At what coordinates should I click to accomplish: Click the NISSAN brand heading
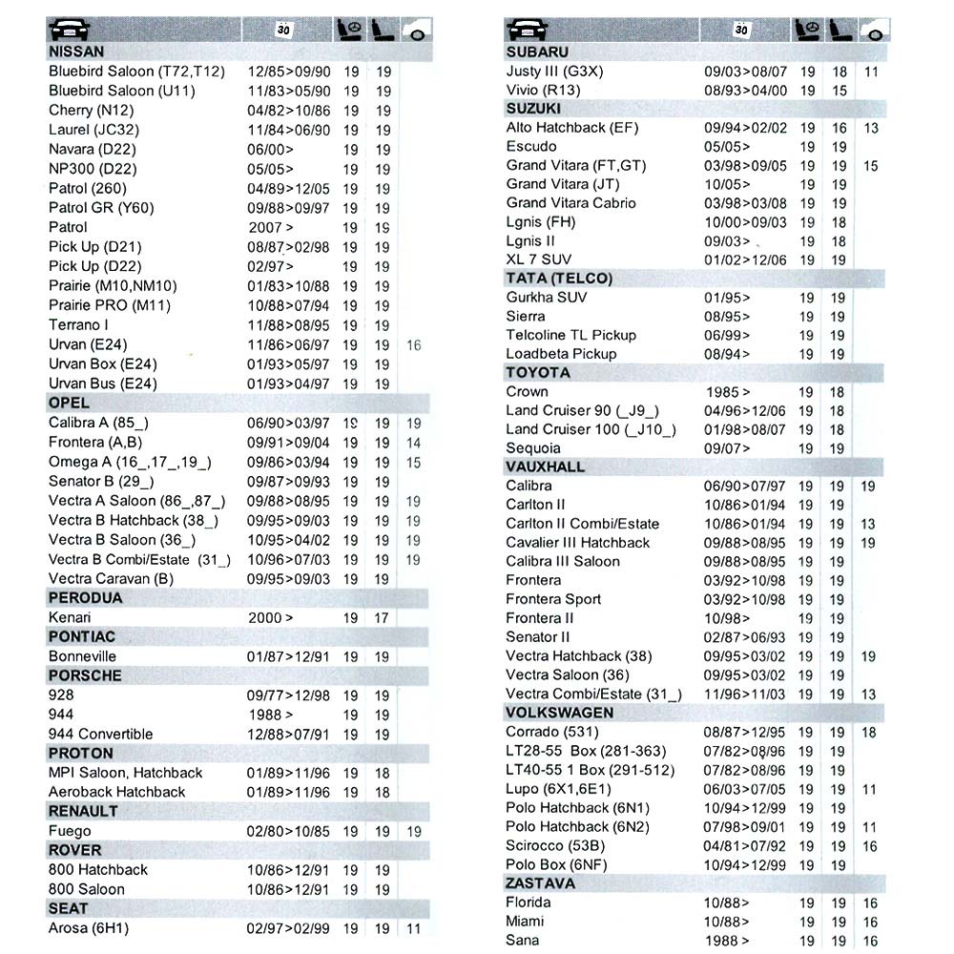coord(76,52)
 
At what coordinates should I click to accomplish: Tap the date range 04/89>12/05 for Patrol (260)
coord(288,189)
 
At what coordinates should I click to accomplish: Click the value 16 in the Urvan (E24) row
coord(413,345)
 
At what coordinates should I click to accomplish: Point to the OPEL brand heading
coord(69,403)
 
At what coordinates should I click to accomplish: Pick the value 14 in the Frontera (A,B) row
coord(413,443)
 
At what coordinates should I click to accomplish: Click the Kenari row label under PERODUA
coord(70,617)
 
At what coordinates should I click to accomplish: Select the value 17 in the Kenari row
coord(382,618)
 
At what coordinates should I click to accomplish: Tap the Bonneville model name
coord(82,656)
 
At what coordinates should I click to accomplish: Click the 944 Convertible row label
coord(100,734)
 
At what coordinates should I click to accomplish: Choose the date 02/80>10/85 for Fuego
coord(288,831)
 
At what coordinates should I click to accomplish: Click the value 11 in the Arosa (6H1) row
coord(413,928)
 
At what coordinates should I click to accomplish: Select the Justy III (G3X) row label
coord(554,72)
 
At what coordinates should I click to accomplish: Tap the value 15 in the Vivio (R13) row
coord(839,91)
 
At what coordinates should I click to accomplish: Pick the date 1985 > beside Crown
coord(728,392)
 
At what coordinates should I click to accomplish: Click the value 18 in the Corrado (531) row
coord(868,733)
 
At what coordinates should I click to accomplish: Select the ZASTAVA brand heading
coord(541,883)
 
